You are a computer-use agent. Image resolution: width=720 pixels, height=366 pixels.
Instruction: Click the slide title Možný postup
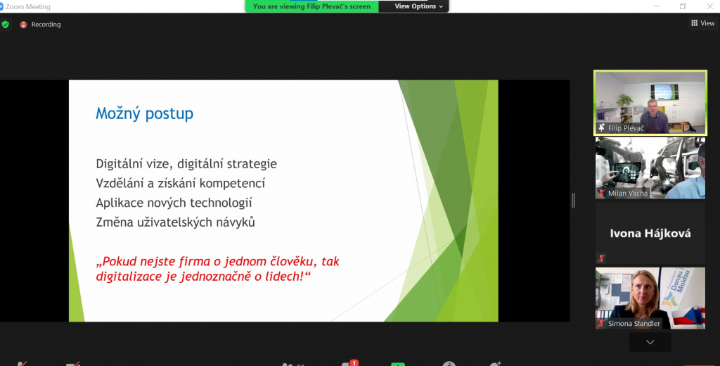144,113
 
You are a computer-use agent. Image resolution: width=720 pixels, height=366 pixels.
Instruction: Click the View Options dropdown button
419,6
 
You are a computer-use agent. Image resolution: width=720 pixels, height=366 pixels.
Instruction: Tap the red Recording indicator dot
23,25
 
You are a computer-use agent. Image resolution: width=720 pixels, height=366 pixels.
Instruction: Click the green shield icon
5,25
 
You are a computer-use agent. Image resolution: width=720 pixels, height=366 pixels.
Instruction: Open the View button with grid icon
703,23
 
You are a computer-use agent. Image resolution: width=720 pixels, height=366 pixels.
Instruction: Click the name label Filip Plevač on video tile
626,128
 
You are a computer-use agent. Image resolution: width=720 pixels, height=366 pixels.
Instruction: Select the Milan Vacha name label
628,193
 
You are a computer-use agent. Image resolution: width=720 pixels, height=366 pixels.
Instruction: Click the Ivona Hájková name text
650,234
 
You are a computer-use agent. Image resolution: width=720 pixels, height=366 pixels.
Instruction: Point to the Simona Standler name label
634,323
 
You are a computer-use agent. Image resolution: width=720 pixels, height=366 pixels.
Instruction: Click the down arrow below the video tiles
650,342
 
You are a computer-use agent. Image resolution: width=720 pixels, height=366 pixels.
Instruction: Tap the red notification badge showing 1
354,362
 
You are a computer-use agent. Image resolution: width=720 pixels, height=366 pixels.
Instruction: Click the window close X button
709,6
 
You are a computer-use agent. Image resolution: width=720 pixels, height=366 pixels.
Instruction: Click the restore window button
683,6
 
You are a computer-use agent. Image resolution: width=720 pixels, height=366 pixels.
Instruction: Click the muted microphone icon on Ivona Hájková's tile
601,258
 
